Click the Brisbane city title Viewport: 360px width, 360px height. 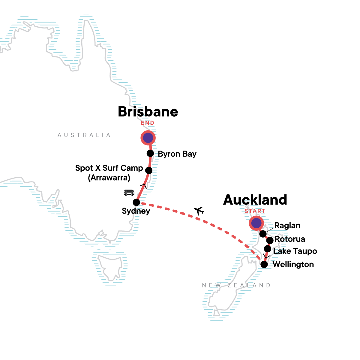[148, 112]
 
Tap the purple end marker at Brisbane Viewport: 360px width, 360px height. [148, 138]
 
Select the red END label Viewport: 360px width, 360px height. [148, 123]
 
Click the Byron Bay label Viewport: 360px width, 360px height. [177, 154]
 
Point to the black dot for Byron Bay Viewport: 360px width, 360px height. [150, 153]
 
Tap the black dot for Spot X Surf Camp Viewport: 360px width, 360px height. [149, 170]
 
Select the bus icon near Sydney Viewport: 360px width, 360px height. [129, 192]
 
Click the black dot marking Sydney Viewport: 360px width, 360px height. [136, 202]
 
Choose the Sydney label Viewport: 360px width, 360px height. [136, 211]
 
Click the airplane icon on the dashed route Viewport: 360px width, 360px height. [199, 211]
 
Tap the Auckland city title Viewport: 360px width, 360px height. [255, 200]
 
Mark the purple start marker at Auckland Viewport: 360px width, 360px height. [256, 223]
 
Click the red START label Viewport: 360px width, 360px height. [255, 211]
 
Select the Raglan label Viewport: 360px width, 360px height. [287, 226]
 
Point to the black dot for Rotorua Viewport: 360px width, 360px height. [270, 240]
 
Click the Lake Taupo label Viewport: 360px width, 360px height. [295, 251]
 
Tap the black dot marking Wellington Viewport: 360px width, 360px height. [264, 264]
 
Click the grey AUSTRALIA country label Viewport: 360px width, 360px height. [84, 135]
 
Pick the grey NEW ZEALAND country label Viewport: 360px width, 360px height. [236, 285]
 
